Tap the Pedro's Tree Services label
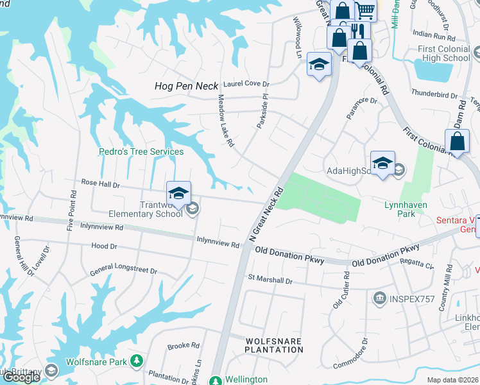141,152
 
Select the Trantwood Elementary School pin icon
179,193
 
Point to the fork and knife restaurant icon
357,30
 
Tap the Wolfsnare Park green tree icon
136,362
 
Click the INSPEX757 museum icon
379,298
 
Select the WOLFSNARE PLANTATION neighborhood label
274,345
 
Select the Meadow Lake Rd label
225,121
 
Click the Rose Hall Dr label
100,184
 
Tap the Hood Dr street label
104,246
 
